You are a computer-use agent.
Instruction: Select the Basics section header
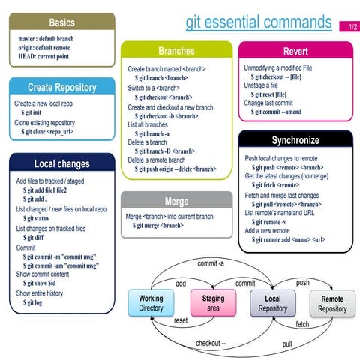tap(61, 23)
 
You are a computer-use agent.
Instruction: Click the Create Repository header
tap(61, 87)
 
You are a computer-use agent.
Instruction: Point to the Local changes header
tap(61, 163)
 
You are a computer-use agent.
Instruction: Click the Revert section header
tap(295, 51)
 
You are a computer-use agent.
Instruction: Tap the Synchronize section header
tap(295, 140)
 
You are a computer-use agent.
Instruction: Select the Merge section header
tap(176, 201)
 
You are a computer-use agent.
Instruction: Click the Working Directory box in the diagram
tap(151, 303)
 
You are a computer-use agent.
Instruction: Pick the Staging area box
tap(213, 303)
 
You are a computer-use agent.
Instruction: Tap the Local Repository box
tap(273, 303)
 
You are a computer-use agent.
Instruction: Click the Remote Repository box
tap(332, 303)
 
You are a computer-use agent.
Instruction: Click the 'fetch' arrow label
tap(302, 324)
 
